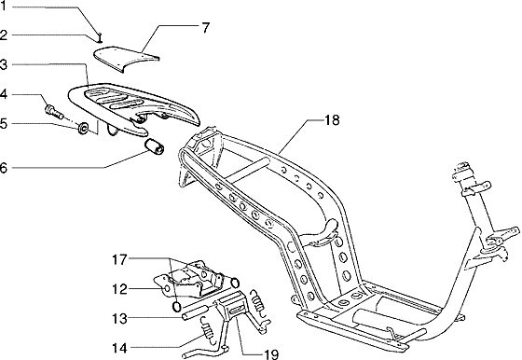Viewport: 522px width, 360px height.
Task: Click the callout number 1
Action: pyautogui.click(x=5, y=7)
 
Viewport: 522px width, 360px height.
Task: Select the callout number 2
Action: pyautogui.click(x=5, y=35)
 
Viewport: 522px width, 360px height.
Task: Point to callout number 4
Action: pyautogui.click(x=5, y=94)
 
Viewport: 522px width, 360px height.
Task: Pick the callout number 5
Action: pyautogui.click(x=5, y=122)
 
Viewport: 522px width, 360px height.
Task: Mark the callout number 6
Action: pyautogui.click(x=5, y=168)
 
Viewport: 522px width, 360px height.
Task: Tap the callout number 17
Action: pyautogui.click(x=119, y=258)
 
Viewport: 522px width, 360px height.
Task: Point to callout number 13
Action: pyautogui.click(x=119, y=318)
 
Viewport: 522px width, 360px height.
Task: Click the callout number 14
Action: pyautogui.click(x=119, y=349)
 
